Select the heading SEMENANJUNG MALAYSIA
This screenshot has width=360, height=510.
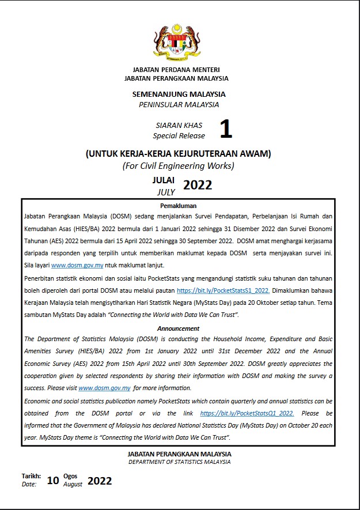[x=179, y=94]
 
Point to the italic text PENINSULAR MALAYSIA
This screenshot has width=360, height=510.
[x=179, y=104]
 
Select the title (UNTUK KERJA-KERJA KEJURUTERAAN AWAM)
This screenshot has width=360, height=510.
[x=178, y=154]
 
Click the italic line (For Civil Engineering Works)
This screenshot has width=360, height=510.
[x=178, y=166]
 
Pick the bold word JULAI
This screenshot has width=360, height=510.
[x=164, y=180]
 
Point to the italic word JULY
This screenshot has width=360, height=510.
[x=166, y=192]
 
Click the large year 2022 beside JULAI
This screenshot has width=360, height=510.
[x=197, y=185]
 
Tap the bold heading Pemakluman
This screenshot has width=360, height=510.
[x=178, y=206]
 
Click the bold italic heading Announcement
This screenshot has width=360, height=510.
[x=178, y=328]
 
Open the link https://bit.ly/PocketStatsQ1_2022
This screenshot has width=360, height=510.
[x=247, y=413]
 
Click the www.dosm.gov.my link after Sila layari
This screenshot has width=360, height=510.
[x=77, y=265]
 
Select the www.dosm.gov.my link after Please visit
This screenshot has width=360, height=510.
[x=104, y=388]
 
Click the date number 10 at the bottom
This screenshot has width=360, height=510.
[x=53, y=481]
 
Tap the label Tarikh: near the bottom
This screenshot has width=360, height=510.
[x=31, y=476]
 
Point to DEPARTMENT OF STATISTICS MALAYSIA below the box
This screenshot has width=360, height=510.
[x=179, y=462]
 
